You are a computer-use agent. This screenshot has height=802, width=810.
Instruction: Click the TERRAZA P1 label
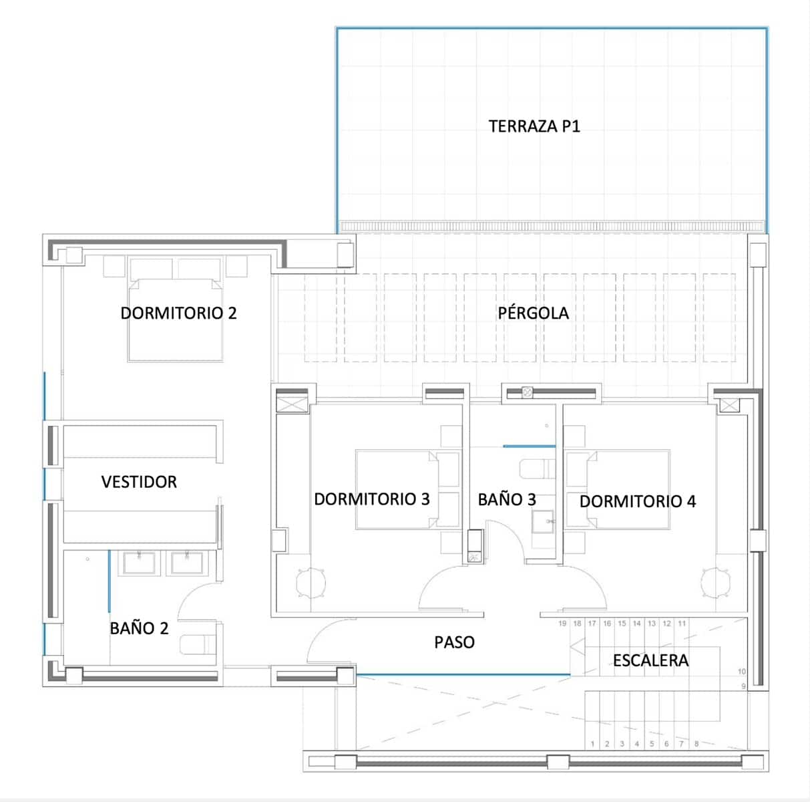tap(534, 126)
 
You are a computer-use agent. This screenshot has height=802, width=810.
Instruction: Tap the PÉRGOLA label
tap(533, 313)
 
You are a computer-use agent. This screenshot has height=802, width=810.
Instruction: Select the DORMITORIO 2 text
tap(178, 313)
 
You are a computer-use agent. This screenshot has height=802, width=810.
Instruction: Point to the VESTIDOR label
tap(139, 481)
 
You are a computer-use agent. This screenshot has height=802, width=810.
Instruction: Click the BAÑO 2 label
tap(139, 628)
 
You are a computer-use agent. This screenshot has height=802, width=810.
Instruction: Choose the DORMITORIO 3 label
tap(372, 499)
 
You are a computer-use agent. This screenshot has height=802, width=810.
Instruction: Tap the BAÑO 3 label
tap(507, 499)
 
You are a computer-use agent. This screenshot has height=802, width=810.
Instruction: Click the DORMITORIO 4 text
tap(637, 501)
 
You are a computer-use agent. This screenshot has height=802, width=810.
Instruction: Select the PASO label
tap(454, 642)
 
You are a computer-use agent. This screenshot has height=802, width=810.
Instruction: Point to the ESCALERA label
tap(650, 660)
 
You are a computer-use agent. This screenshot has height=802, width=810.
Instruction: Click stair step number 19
tap(562, 624)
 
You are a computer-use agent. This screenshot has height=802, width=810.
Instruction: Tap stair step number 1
tap(592, 743)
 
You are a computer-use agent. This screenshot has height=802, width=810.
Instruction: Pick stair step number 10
tap(742, 671)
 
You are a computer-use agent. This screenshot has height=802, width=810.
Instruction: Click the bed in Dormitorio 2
tap(175, 319)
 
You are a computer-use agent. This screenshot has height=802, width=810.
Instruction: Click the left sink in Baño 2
tap(139, 563)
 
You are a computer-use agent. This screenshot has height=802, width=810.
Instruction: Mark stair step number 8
tap(696, 743)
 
